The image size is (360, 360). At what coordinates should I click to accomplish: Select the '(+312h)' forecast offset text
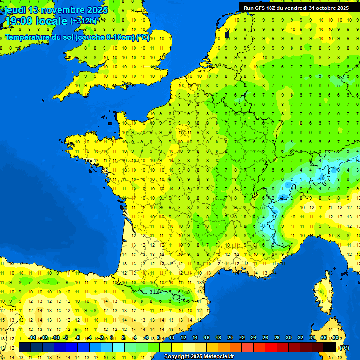(83, 21)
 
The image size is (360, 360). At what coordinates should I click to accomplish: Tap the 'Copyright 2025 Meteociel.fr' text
(199, 357)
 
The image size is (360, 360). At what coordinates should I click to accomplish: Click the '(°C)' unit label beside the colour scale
(344, 348)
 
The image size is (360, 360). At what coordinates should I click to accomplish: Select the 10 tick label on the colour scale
(172, 338)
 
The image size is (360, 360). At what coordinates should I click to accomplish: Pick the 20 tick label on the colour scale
(230, 338)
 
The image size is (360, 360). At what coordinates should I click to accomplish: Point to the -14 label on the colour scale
(32, 338)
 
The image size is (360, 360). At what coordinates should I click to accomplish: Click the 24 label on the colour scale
(254, 338)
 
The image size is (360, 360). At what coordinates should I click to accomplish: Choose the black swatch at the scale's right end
(330, 347)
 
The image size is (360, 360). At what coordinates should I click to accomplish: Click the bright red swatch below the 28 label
(271, 347)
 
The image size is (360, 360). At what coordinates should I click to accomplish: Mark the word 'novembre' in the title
(56, 10)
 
